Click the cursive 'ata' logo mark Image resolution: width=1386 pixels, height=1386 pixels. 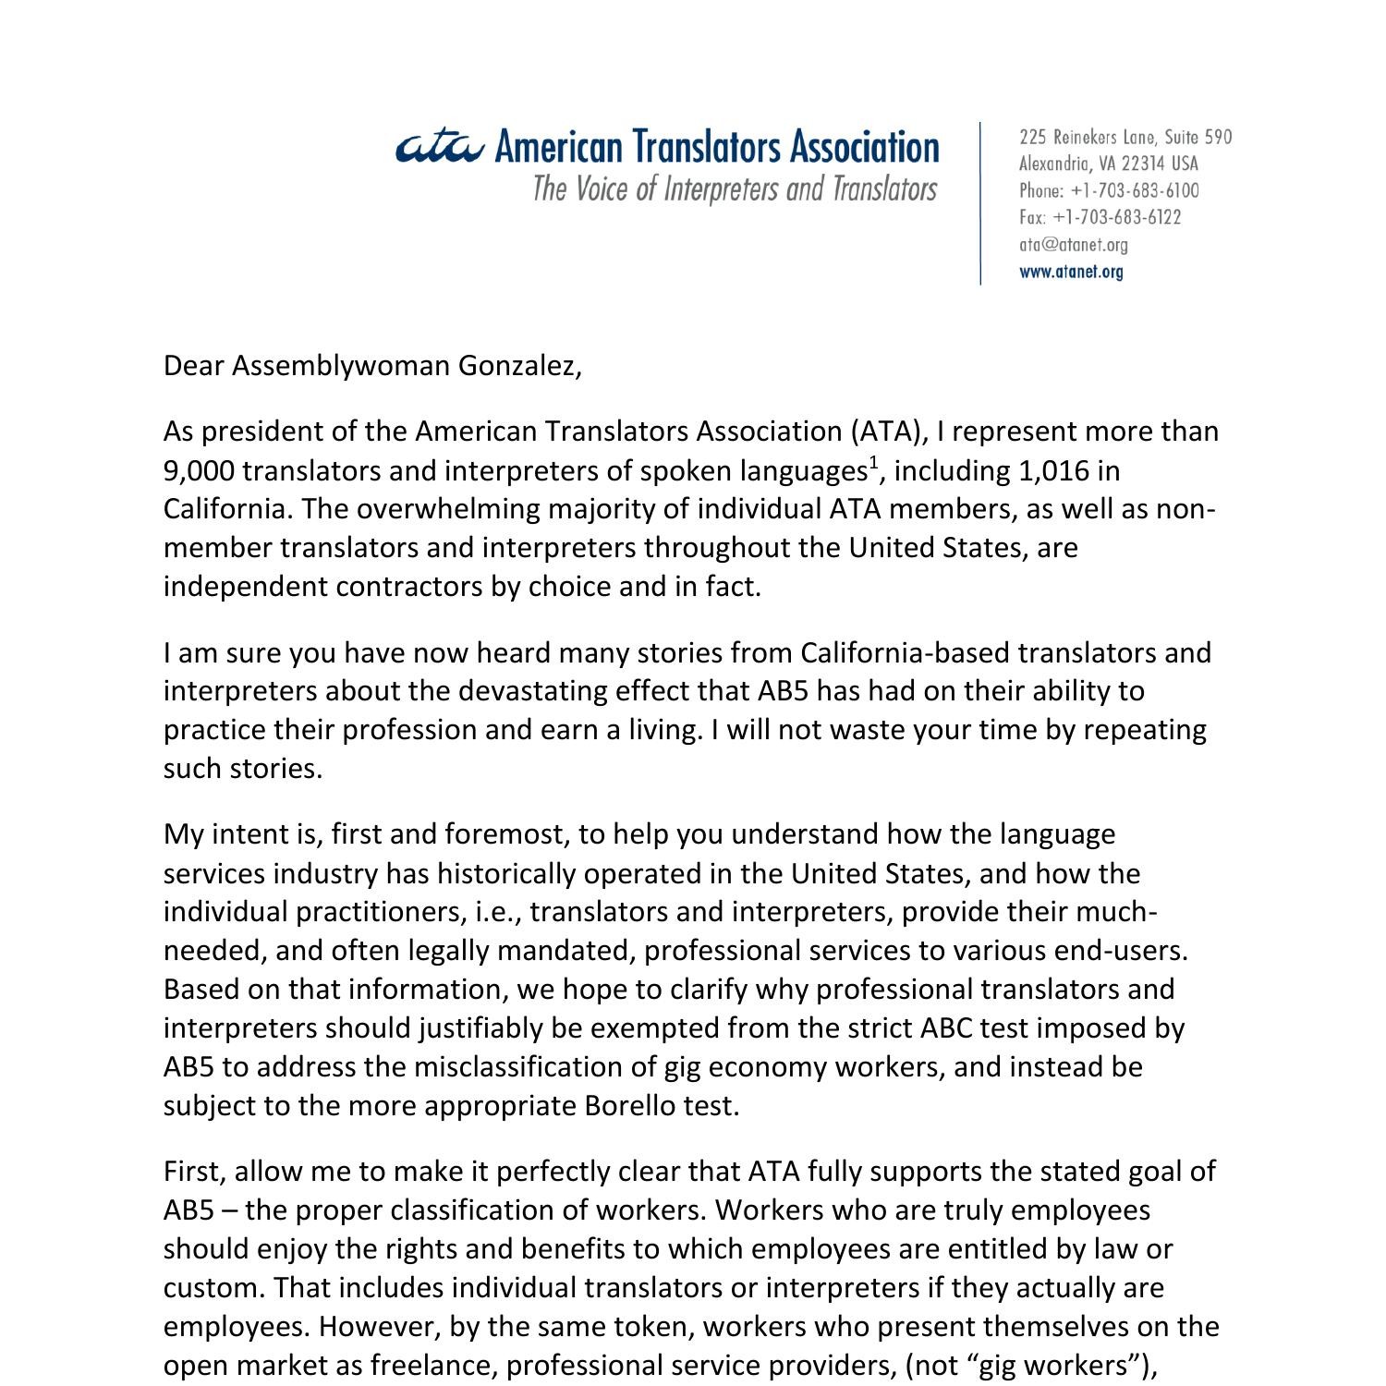tap(439, 147)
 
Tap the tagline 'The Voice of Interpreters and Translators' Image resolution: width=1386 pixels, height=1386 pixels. tap(735, 189)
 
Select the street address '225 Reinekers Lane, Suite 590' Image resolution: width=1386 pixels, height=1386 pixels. tap(1125, 138)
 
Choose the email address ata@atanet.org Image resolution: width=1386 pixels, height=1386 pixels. tap(1073, 245)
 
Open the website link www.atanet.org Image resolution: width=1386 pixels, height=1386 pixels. tap(1071, 272)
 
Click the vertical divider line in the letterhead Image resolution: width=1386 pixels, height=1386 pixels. tap(980, 203)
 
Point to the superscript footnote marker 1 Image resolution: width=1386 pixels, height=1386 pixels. tap(873, 463)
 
